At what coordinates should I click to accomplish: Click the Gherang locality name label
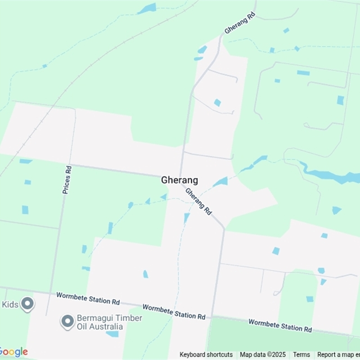coord(180,180)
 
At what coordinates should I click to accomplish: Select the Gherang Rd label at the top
coord(240,23)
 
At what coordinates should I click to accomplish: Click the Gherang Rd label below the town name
coord(198,201)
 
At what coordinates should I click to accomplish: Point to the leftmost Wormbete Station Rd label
coord(88,298)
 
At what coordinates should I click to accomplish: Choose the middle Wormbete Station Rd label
coord(174,311)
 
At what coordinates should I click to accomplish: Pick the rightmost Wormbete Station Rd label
coord(280,325)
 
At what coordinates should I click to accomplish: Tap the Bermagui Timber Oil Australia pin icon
coord(67,321)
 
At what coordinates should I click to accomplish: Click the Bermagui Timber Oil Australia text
coord(109,322)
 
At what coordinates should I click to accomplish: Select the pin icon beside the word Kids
coord(27,304)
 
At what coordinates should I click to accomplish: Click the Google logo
coord(13,352)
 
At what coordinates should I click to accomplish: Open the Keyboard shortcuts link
coord(206,355)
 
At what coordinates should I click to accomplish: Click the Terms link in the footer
coord(301,355)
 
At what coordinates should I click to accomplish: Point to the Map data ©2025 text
coord(263,355)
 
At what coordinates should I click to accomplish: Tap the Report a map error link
coord(338,355)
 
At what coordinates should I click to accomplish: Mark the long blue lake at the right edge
coord(333,176)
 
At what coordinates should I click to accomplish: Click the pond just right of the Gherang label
coord(220,182)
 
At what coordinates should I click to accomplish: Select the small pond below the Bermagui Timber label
coord(112,334)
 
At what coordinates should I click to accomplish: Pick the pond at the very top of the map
coord(147,9)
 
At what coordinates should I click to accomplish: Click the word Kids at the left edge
coord(10,305)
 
